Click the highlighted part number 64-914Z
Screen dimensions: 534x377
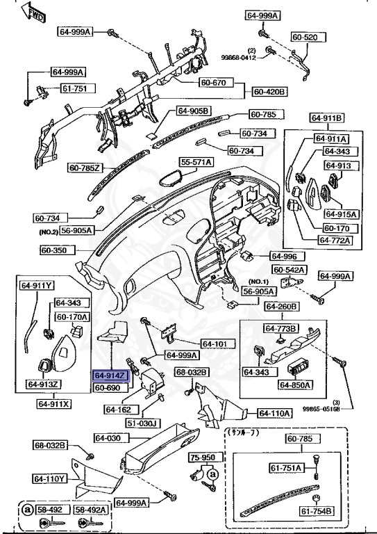110,375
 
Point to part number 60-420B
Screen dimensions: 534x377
270,91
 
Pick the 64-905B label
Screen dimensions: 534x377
192,111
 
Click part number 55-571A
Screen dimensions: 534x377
196,162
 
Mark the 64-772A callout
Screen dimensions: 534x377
335,241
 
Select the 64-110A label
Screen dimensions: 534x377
275,413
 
